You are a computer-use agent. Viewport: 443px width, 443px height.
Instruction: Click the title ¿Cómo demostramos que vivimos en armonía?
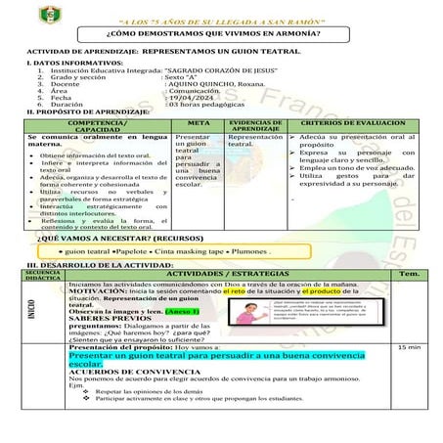pyautogui.click(x=220, y=32)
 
